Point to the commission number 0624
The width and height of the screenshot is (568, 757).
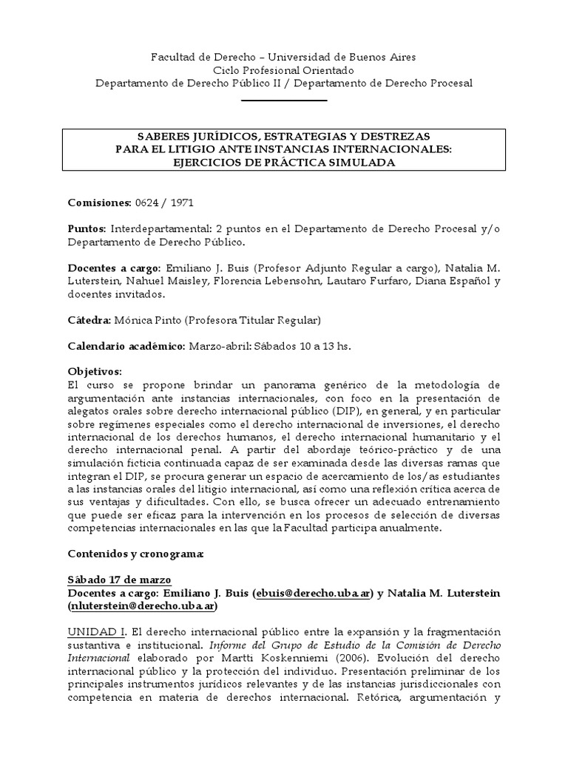tap(147, 202)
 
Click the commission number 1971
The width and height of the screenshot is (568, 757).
tap(181, 202)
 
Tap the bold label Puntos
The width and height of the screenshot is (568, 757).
tap(87, 228)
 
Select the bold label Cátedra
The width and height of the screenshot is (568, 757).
tap(89, 320)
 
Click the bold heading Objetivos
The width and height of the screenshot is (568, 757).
tap(94, 372)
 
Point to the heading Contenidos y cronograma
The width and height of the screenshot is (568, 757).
tap(136, 554)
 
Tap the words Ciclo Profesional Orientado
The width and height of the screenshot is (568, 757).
tap(284, 69)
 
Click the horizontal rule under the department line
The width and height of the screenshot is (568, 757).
tap(284, 100)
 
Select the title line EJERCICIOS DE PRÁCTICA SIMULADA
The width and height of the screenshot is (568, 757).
tap(284, 163)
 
